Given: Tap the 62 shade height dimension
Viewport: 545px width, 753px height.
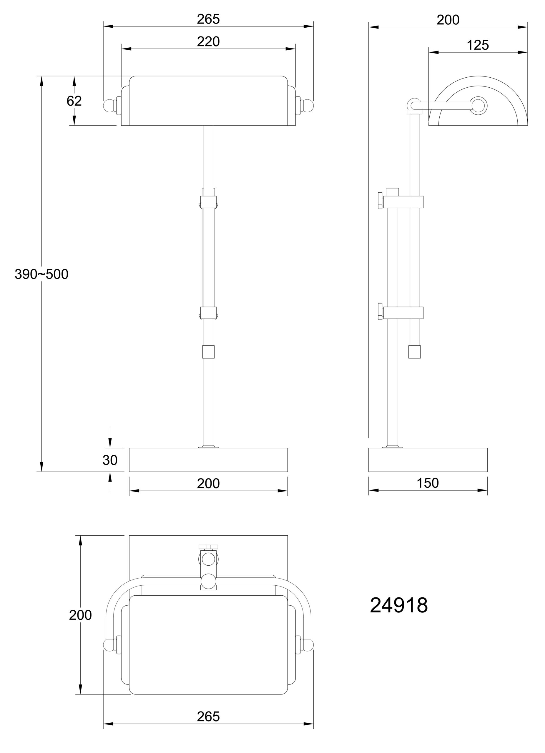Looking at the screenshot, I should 74,101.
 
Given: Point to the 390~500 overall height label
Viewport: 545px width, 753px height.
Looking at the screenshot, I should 41,274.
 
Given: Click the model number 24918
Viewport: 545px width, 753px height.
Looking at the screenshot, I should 398,605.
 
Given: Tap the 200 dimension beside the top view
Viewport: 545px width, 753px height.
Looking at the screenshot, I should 80,615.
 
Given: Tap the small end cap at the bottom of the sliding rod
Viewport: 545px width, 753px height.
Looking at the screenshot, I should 414,351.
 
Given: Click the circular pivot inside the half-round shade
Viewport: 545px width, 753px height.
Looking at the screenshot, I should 478,105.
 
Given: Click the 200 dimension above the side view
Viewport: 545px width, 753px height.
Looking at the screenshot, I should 448,20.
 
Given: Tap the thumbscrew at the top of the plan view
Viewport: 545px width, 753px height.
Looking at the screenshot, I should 208,547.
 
